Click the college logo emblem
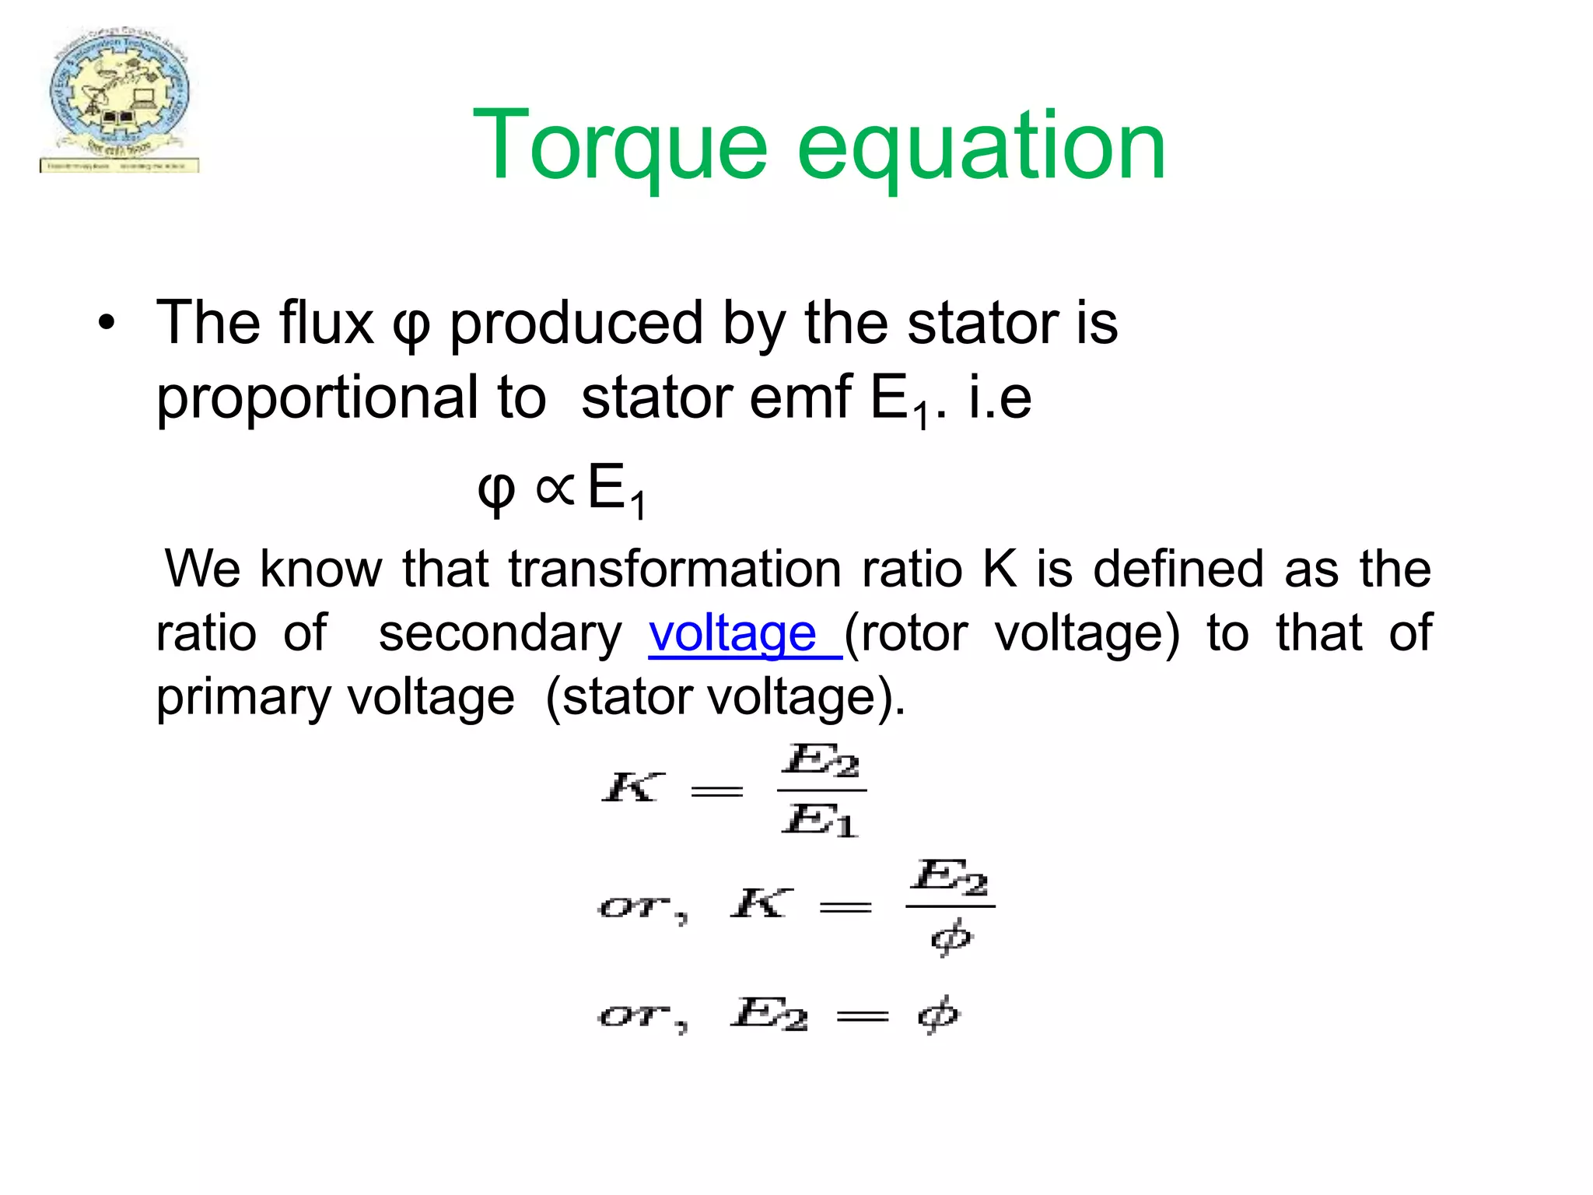tap(119, 100)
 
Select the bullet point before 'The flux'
tap(107, 323)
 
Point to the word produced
tap(576, 323)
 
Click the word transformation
tap(674, 569)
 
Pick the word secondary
tap(499, 633)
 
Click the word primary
tap(243, 696)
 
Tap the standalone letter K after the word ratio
tap(1000, 569)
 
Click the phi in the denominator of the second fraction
tap(951, 937)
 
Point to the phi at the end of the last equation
tap(939, 1014)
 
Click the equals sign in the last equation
tap(862, 1016)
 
